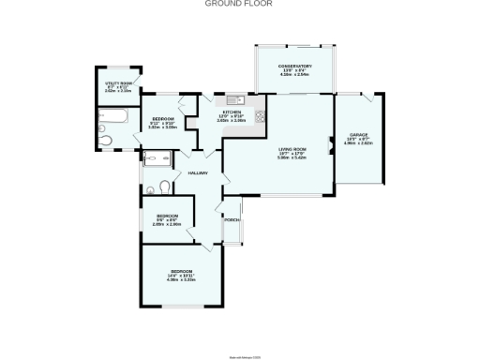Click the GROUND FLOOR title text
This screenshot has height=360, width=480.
(240, 4)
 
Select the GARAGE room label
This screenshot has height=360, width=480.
(360, 136)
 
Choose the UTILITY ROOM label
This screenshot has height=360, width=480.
(117, 83)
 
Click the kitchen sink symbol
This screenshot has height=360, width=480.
(233, 97)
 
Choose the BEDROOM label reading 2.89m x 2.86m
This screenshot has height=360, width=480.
(165, 221)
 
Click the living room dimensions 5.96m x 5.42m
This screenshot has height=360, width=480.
(292, 157)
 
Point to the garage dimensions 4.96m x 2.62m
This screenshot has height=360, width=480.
(360, 143)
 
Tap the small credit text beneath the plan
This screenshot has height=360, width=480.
(240, 333)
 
